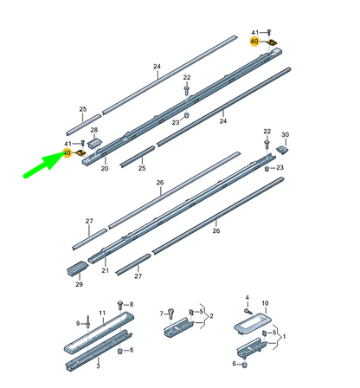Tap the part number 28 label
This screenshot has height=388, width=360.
pos(94,129)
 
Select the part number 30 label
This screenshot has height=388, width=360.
pos(286,134)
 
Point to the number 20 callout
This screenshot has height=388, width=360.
pos(105,169)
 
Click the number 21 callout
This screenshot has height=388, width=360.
pos(106,270)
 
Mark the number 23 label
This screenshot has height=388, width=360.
pos(175,122)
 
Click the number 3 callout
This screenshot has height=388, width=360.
pos(97,366)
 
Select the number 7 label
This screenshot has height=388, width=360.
pos(162,313)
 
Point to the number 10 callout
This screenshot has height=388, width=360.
pos(266,303)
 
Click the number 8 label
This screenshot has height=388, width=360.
pos(131,305)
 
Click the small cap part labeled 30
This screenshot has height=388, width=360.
pos(283,148)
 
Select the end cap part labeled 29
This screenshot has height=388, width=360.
pos(75,266)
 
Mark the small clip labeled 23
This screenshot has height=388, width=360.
pos(186,115)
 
